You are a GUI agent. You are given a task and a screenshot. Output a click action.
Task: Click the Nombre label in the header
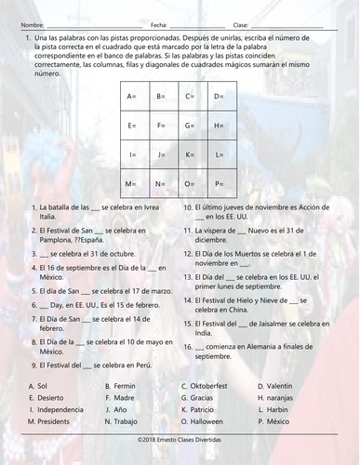[31, 24]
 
